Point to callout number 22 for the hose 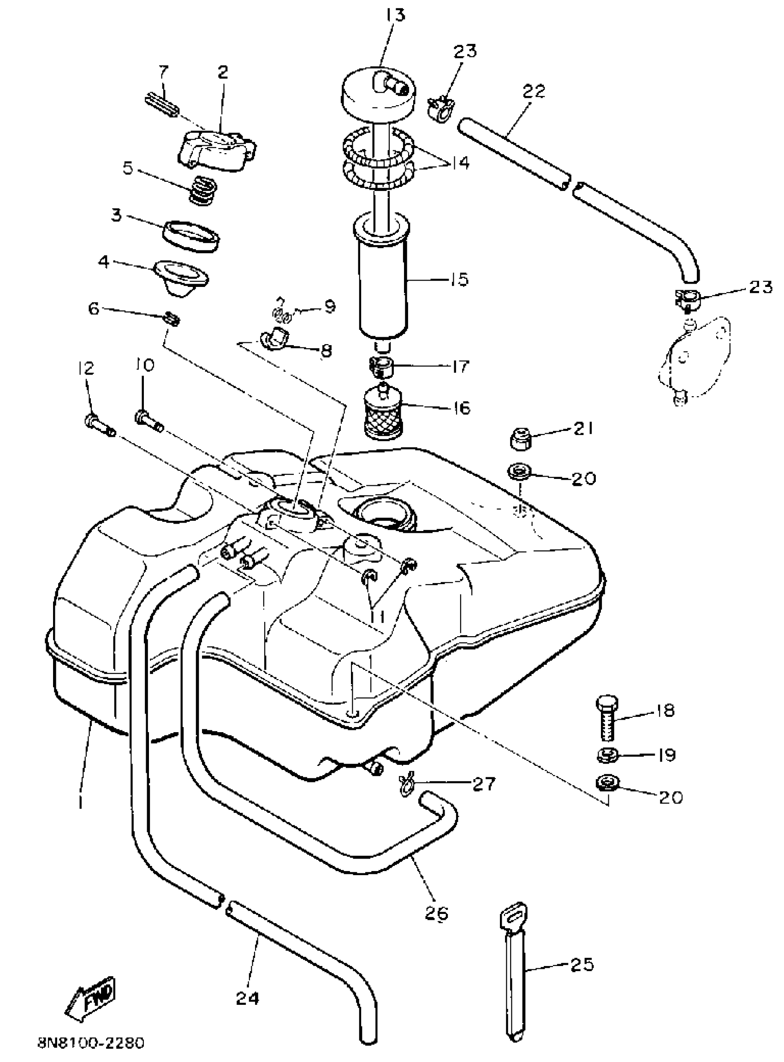[534, 90]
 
